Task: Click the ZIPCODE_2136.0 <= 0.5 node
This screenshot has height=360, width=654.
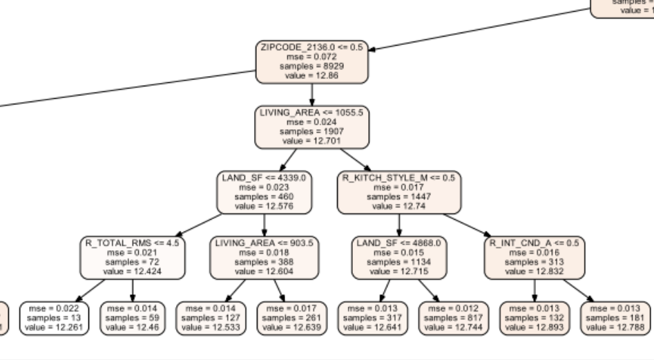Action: click(312, 61)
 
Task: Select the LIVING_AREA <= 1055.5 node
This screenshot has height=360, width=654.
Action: click(312, 126)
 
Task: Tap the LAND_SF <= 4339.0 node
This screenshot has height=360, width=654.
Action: click(265, 192)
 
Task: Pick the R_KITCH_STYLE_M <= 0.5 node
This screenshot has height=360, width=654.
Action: click(398, 192)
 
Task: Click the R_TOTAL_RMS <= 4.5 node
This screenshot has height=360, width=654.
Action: click(133, 258)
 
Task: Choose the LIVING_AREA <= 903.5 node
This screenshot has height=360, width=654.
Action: click(265, 258)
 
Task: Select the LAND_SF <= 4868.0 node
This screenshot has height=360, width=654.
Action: click(398, 258)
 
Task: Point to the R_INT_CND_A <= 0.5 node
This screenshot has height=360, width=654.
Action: click(534, 258)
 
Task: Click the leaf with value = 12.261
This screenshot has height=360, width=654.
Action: click(55, 318)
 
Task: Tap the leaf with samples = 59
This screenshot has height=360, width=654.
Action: click(133, 318)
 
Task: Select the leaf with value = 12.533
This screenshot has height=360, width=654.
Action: click(211, 318)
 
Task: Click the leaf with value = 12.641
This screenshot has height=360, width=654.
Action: click(373, 318)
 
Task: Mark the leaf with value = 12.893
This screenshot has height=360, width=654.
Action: click(534, 318)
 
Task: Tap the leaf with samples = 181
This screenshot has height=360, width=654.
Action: click(615, 318)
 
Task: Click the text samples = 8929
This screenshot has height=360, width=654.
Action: click(312, 66)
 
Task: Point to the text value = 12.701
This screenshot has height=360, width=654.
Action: click(312, 141)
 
